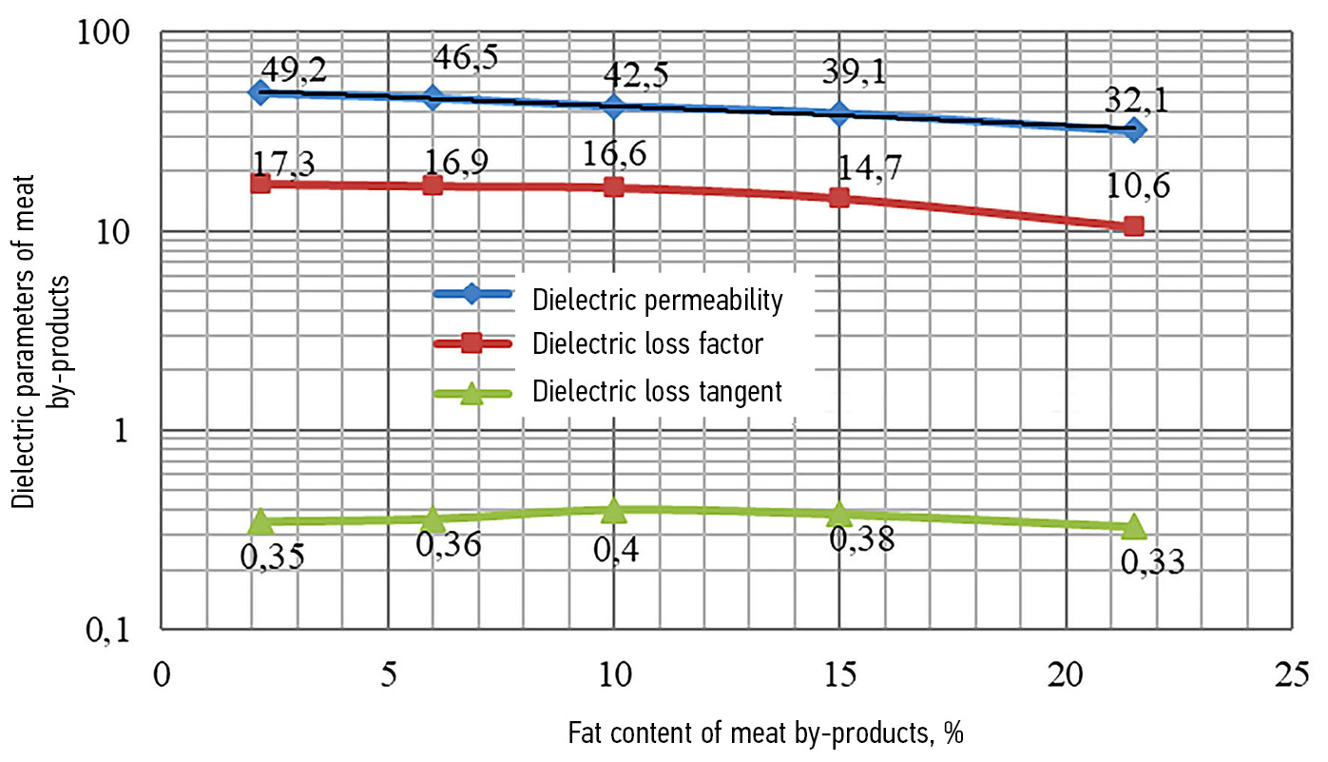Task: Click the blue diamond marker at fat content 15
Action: click(x=839, y=113)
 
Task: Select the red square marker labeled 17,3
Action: click(x=260, y=183)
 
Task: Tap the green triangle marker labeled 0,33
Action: click(x=1133, y=526)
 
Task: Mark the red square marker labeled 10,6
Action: click(x=1133, y=225)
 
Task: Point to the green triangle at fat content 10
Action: click(x=614, y=510)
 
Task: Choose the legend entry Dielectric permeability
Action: click(x=657, y=301)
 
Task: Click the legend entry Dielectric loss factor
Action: click(x=647, y=343)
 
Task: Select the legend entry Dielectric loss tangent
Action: click(x=657, y=391)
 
